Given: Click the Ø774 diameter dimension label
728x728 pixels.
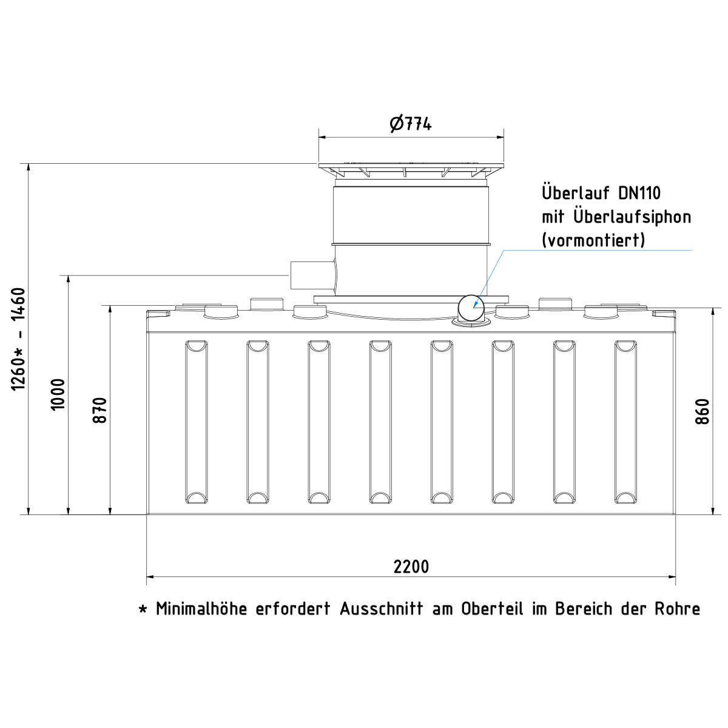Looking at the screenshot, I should [x=411, y=124].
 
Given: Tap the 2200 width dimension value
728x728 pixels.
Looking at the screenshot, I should [x=411, y=567].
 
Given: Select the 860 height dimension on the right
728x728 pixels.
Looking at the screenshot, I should [x=703, y=411].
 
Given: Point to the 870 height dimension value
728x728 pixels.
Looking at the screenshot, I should [x=100, y=410].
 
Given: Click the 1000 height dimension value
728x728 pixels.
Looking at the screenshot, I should [x=58, y=394].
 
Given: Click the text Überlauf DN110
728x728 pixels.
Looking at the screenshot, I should [x=601, y=193].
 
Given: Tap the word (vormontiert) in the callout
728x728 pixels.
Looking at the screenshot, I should [x=593, y=240].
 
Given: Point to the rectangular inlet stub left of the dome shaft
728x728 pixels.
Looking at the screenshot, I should [x=311, y=275].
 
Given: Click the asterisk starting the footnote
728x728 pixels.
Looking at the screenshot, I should [x=143, y=609].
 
